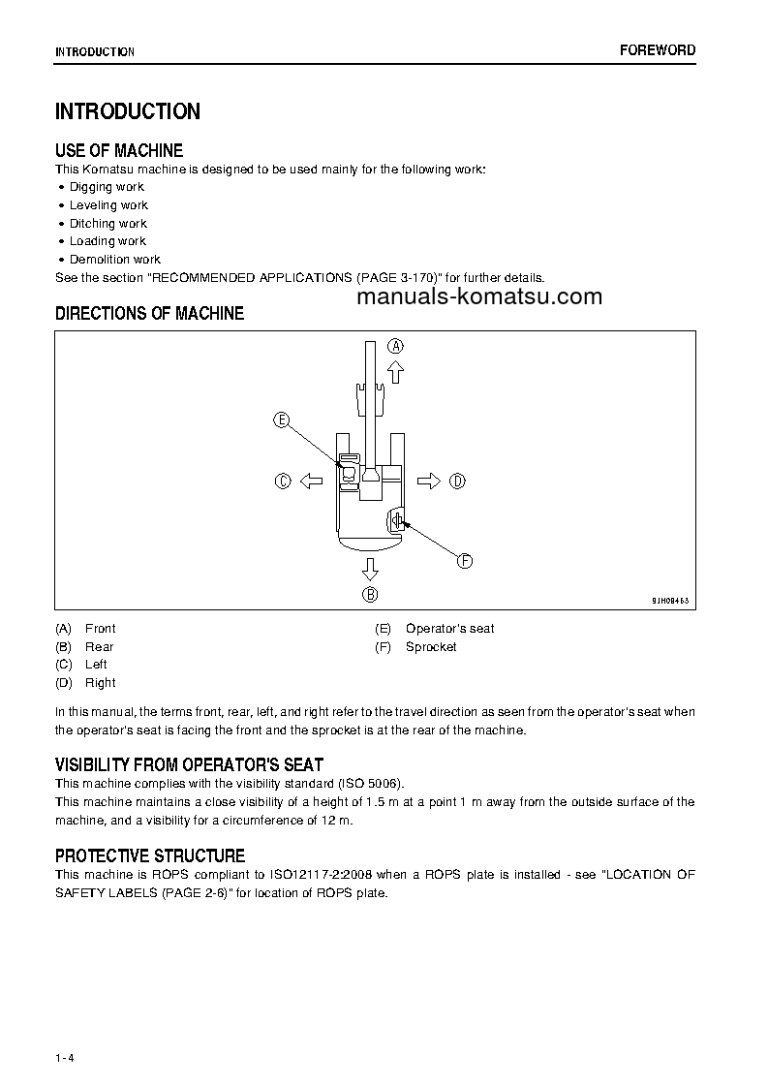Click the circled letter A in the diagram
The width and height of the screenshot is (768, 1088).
click(396, 346)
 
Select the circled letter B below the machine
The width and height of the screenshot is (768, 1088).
click(370, 595)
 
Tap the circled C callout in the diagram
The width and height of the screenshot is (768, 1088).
click(283, 481)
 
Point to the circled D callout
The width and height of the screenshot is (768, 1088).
click(458, 481)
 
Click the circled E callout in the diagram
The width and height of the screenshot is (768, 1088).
click(282, 420)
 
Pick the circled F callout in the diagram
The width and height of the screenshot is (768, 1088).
click(464, 561)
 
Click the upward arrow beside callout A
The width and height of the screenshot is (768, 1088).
click(395, 371)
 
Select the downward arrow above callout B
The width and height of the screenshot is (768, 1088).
click(370, 569)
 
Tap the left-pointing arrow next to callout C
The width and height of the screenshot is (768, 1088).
click(311, 481)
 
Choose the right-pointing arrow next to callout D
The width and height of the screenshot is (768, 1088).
click(429, 481)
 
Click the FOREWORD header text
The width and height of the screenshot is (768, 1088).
click(658, 50)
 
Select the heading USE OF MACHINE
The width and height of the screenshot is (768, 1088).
click(119, 150)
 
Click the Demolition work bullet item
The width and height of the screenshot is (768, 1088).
click(114, 260)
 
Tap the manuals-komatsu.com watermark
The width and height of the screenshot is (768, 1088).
click(478, 296)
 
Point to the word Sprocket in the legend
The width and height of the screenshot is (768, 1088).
click(431, 646)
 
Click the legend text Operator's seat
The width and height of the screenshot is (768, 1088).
click(449, 629)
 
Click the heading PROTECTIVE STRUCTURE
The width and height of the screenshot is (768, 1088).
click(150, 856)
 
